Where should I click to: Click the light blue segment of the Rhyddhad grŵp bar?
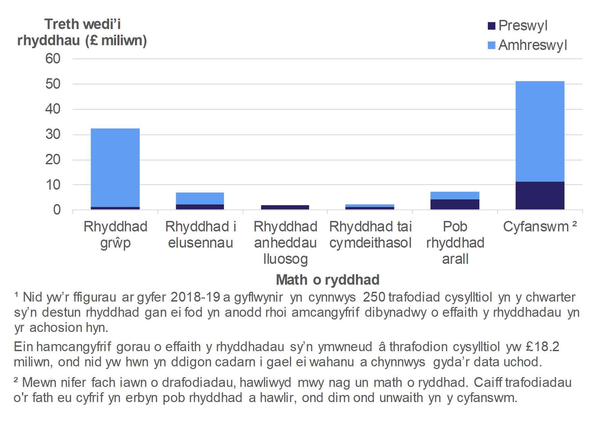(x=115, y=167)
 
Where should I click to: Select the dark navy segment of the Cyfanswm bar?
(x=540, y=196)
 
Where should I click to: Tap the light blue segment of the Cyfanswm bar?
(x=540, y=132)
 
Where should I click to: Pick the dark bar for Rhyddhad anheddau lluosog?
(x=285, y=207)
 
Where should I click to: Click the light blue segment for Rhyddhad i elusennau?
(x=200, y=198)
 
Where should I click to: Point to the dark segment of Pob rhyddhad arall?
(x=455, y=204)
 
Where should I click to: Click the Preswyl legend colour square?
(x=492, y=26)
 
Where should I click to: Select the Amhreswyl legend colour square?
(x=492, y=45)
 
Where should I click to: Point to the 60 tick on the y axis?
(x=53, y=59)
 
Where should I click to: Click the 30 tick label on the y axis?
(x=53, y=135)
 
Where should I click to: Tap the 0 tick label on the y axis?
(x=57, y=210)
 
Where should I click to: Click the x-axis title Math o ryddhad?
(x=328, y=280)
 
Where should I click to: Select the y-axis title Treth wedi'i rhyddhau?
(x=82, y=32)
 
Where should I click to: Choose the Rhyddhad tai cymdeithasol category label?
(x=370, y=235)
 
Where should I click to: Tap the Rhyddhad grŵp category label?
(x=115, y=235)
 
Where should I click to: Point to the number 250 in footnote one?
(x=374, y=297)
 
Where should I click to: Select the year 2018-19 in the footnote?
(x=195, y=297)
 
